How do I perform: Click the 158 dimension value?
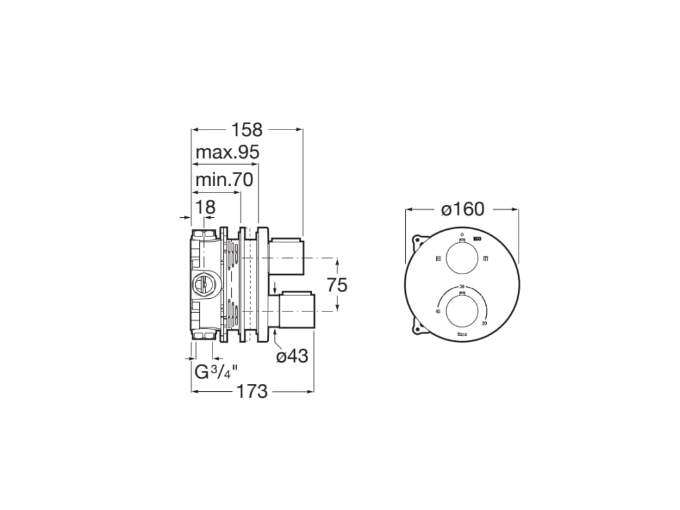click(x=247, y=129)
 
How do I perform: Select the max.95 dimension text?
click(x=227, y=153)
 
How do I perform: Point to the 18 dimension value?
click(x=206, y=207)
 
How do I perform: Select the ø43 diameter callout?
click(x=292, y=357)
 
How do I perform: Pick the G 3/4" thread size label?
click(x=216, y=372)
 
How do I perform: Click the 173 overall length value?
click(x=252, y=392)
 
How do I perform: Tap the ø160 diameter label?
click(x=462, y=209)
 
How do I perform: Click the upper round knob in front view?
click(x=462, y=258)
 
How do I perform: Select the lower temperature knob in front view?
click(x=462, y=312)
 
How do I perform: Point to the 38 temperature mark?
click(x=462, y=286)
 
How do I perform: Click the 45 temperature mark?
click(x=438, y=311)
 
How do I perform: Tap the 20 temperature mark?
click(x=485, y=323)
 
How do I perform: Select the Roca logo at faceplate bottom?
click(x=462, y=335)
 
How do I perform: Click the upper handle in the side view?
click(x=286, y=256)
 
